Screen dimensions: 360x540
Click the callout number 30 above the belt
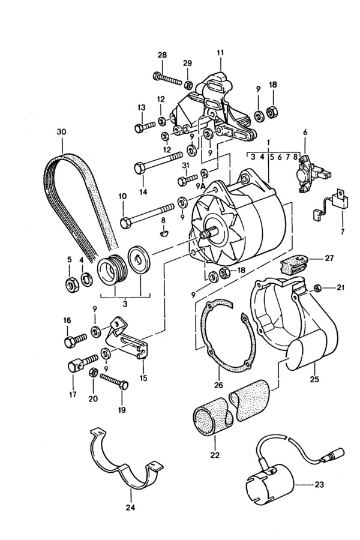click(x=62, y=132)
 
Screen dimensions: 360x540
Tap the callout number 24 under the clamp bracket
click(x=131, y=507)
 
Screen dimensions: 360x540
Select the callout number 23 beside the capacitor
click(x=319, y=485)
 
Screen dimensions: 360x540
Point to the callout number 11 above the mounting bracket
click(x=220, y=53)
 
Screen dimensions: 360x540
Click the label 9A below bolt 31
click(x=201, y=187)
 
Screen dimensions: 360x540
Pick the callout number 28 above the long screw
click(x=162, y=55)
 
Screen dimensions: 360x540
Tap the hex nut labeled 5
click(x=72, y=284)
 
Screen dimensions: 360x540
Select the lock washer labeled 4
click(x=86, y=279)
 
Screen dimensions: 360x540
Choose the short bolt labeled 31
click(x=187, y=179)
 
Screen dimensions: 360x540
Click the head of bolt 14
click(x=140, y=169)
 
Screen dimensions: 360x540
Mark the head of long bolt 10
click(x=125, y=223)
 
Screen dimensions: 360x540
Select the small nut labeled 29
click(x=188, y=85)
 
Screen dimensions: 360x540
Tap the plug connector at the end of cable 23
click(x=334, y=455)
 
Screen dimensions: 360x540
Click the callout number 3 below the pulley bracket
click(x=125, y=304)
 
